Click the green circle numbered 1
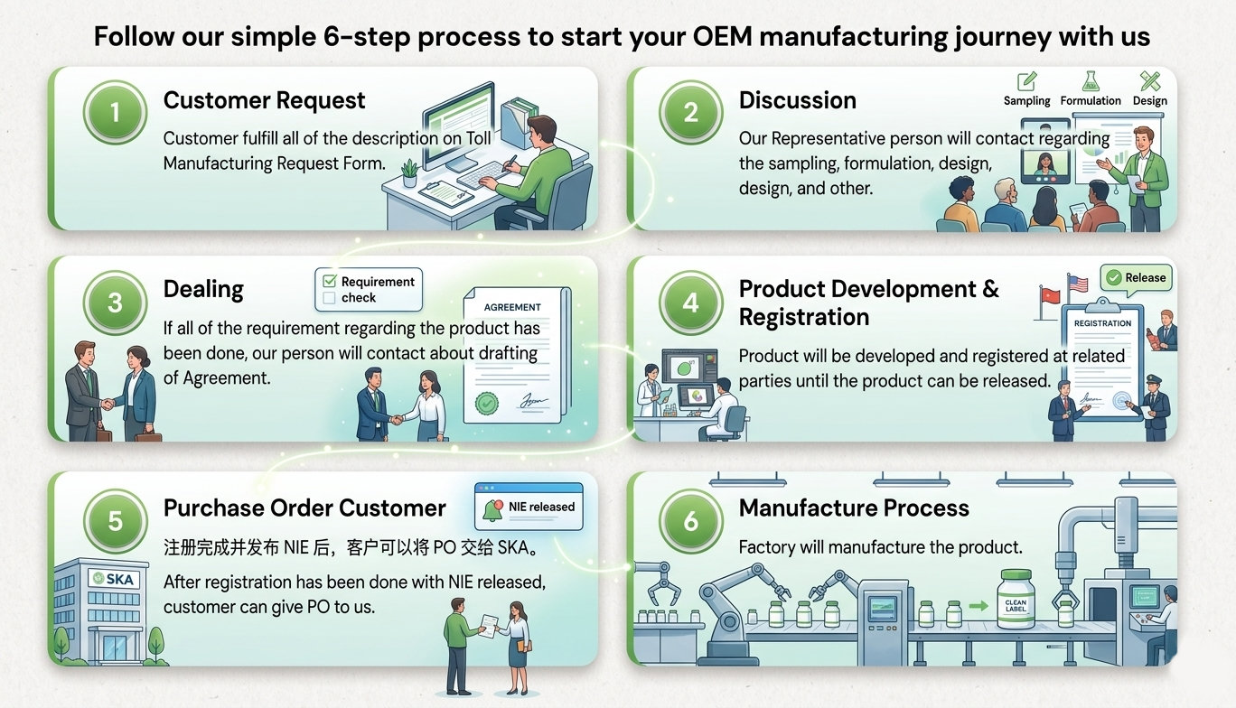[x=115, y=114]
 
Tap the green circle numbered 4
[x=691, y=303]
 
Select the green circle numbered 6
[x=691, y=521]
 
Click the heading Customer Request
[x=264, y=100]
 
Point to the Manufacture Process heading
[x=853, y=508]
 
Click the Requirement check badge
[x=368, y=289]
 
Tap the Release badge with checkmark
[x=1136, y=278]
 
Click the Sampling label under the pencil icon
[x=1026, y=101]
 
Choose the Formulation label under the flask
[x=1090, y=101]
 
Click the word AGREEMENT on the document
[x=512, y=307]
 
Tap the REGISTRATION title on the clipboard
[x=1101, y=322]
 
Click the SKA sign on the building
[x=115, y=578]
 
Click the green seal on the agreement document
[x=489, y=402]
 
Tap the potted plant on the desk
[x=409, y=171]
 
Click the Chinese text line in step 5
[x=351, y=547]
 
